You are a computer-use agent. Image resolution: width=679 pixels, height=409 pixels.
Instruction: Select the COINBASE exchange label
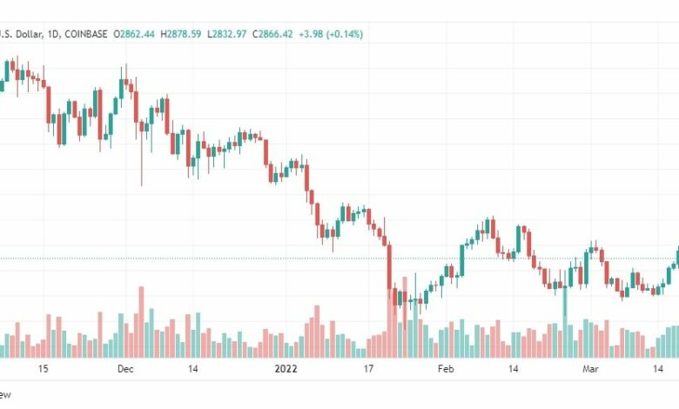(83, 34)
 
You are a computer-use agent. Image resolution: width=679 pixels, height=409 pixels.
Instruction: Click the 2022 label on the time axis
(286, 369)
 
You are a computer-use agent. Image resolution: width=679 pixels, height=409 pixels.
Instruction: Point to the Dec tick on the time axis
(125, 369)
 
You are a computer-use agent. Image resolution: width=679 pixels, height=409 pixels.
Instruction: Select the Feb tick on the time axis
(446, 369)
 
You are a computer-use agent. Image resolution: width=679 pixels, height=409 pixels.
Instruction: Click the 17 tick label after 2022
(367, 369)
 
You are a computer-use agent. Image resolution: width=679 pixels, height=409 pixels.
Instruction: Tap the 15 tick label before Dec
(44, 369)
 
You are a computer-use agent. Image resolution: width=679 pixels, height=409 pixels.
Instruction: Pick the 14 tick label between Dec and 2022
(193, 369)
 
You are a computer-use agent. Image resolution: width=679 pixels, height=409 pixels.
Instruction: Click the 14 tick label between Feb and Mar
(514, 369)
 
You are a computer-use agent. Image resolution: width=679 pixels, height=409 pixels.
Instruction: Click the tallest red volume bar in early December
(140, 322)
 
